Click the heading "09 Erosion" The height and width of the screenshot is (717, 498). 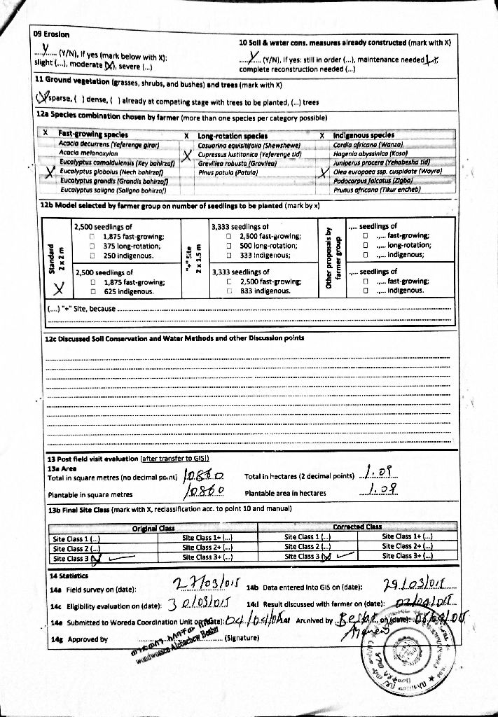[51, 34]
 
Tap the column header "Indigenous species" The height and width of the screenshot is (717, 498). [364, 135]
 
